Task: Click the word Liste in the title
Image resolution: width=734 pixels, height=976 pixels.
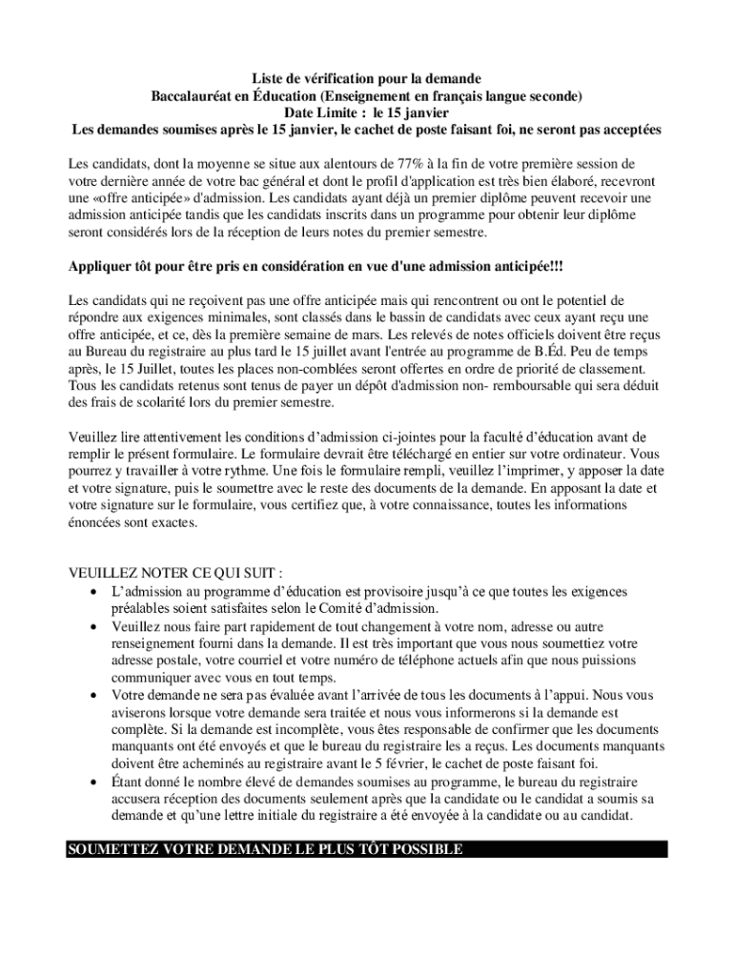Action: (x=268, y=77)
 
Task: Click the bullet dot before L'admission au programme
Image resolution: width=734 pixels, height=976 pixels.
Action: (x=92, y=592)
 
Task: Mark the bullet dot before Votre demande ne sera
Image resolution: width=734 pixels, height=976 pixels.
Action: (x=92, y=695)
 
